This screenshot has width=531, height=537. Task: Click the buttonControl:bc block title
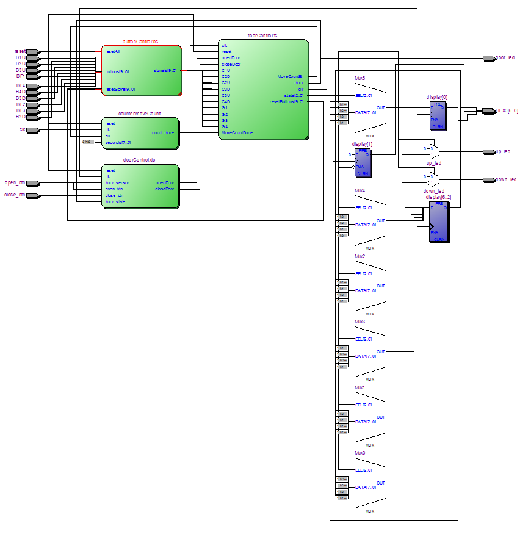(x=140, y=41)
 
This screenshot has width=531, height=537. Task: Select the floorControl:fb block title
(x=262, y=37)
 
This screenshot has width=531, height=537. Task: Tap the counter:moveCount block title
(x=140, y=114)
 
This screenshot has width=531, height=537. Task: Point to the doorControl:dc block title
(x=140, y=160)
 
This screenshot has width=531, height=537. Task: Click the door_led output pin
(x=489, y=58)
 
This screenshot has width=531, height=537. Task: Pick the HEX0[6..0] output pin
(x=489, y=111)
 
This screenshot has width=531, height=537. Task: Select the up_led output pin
(x=489, y=151)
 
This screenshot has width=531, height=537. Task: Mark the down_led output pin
(x=489, y=180)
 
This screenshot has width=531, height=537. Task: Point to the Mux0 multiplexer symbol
(x=370, y=483)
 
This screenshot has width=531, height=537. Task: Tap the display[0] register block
(x=438, y=115)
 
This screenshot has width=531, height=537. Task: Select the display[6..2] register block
(x=439, y=222)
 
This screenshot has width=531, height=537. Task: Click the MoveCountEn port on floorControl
(x=291, y=76)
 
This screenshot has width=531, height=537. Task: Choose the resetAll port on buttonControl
(x=113, y=52)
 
